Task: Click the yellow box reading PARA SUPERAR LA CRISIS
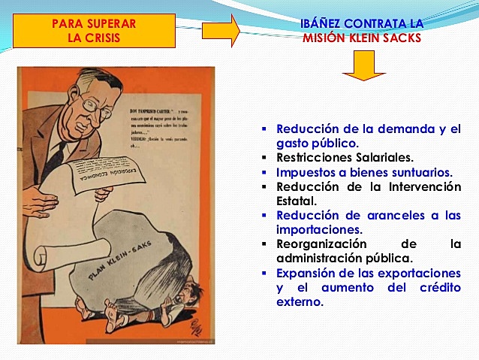tap(94, 31)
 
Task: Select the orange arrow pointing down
tap(363, 66)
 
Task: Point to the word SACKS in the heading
tap(402, 38)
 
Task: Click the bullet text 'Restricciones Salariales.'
tap(344, 158)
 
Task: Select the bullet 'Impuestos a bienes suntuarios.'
tap(364, 172)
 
